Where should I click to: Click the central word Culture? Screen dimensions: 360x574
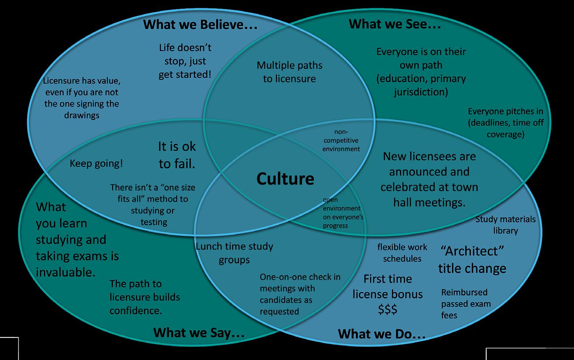click(285, 179)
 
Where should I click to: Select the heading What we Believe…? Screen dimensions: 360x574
click(200, 25)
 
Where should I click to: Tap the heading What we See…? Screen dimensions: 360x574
click(395, 24)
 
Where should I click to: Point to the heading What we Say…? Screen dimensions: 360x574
click(199, 332)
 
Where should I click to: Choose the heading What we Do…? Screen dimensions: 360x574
click(382, 334)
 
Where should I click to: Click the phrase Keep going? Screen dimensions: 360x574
click(96, 163)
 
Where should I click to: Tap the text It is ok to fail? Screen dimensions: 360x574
click(177, 155)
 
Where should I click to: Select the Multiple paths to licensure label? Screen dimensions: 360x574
click(289, 72)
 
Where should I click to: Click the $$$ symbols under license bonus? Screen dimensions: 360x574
click(387, 309)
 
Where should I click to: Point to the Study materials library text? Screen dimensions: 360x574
click(505, 225)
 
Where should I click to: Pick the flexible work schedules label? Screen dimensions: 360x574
click(402, 253)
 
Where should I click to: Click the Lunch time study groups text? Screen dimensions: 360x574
click(234, 253)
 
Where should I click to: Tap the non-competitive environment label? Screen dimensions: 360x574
click(341, 141)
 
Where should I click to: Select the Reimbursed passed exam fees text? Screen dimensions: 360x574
click(466, 304)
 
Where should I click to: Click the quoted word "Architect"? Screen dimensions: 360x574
click(472, 251)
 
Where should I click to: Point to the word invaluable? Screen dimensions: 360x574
click(66, 272)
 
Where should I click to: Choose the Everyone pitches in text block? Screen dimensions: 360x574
click(505, 123)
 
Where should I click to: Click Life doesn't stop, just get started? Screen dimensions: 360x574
click(185, 61)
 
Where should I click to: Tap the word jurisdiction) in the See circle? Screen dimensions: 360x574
click(421, 92)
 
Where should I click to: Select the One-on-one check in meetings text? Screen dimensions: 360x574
click(300, 294)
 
